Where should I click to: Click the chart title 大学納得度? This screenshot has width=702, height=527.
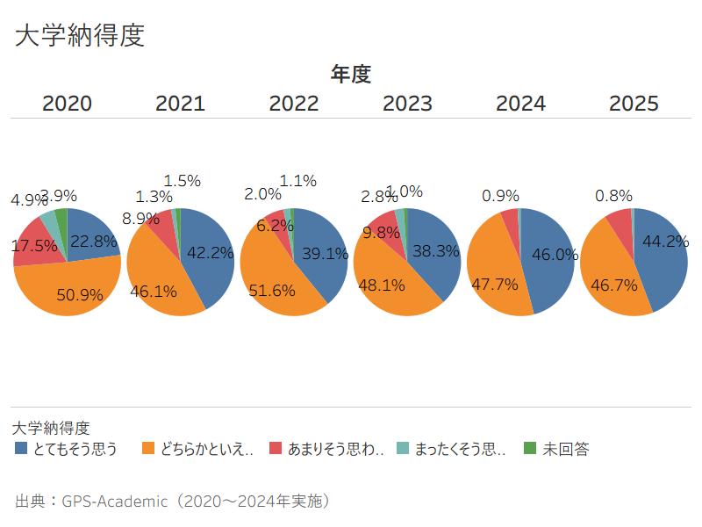click(x=80, y=36)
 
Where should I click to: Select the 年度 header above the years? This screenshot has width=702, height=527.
click(x=350, y=75)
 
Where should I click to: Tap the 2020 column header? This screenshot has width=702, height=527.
click(x=67, y=104)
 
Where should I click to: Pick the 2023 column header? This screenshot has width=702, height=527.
click(x=407, y=104)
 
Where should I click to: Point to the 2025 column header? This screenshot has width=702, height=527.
click(x=634, y=104)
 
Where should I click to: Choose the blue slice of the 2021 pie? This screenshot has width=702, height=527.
click(x=207, y=255)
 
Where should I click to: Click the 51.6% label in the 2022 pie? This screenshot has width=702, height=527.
click(x=271, y=290)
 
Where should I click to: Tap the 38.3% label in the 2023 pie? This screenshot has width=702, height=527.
click(x=436, y=251)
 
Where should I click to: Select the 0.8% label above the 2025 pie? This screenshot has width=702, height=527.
click(x=613, y=196)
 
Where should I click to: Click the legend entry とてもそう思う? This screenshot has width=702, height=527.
click(x=75, y=449)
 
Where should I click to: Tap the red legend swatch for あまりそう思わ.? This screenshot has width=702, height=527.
click(x=275, y=448)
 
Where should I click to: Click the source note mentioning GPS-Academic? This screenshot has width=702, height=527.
click(x=172, y=502)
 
